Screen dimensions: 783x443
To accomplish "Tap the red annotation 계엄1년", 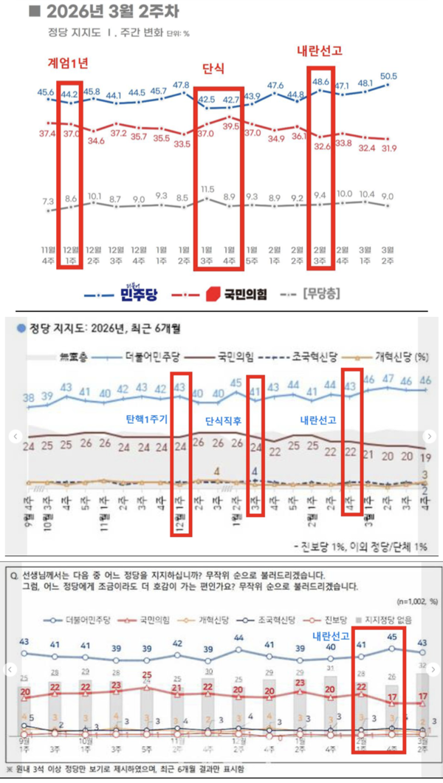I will click(x=68, y=64).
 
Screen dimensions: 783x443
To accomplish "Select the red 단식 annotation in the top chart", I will click(x=213, y=68).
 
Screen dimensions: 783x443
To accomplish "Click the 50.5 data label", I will click(x=388, y=76).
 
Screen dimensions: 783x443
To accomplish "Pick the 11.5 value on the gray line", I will click(x=207, y=190).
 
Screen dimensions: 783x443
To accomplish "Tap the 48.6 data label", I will click(x=321, y=83).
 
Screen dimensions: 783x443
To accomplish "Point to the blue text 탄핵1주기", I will click(x=150, y=417).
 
